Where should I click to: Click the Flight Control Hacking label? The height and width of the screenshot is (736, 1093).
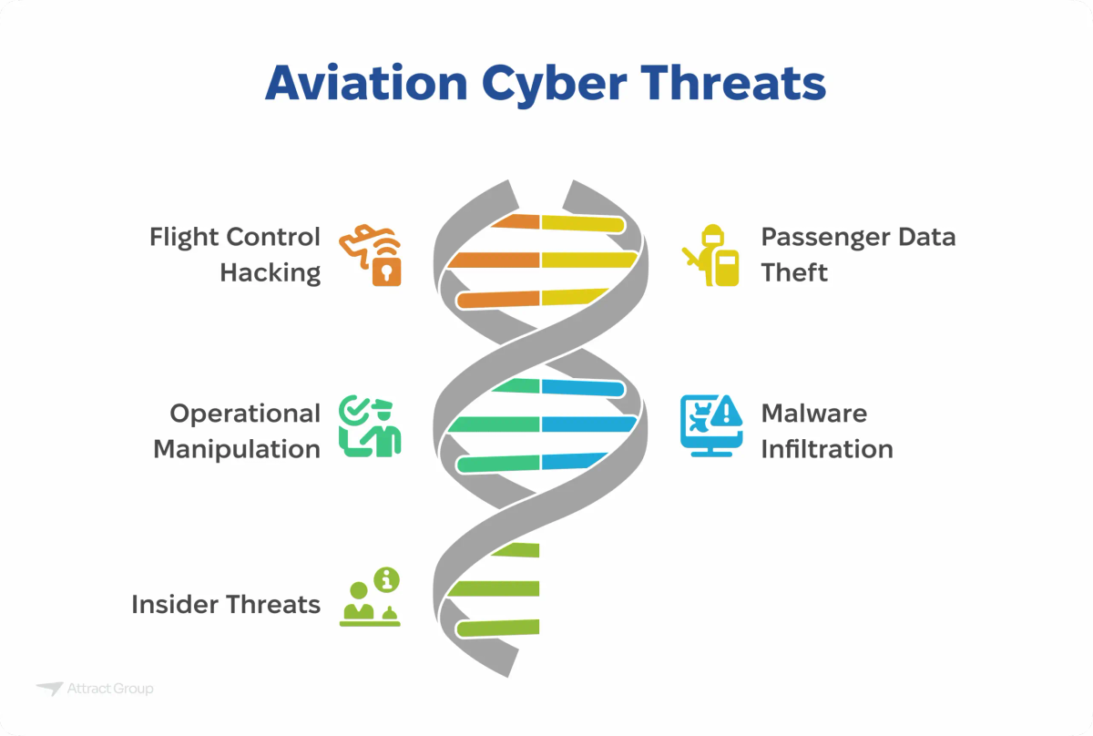coord(235,255)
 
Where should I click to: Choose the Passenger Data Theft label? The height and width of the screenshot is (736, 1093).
coord(858,255)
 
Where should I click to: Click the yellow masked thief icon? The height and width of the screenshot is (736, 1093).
coord(711,256)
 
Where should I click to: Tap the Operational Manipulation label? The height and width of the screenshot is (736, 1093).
coord(237,431)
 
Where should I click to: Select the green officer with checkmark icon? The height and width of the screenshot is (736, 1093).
coord(370,426)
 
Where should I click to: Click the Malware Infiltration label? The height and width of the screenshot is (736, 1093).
coord(827,431)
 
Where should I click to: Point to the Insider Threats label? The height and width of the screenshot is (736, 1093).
coord(226,604)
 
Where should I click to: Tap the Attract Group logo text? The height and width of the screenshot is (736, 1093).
coord(110,689)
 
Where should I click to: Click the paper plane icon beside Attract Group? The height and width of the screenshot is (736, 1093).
coord(49,689)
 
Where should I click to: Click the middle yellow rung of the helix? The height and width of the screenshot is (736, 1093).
coord(587,261)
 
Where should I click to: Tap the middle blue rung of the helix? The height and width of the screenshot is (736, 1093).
coord(587,424)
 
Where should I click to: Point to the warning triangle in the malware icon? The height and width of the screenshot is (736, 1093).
coord(726,414)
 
